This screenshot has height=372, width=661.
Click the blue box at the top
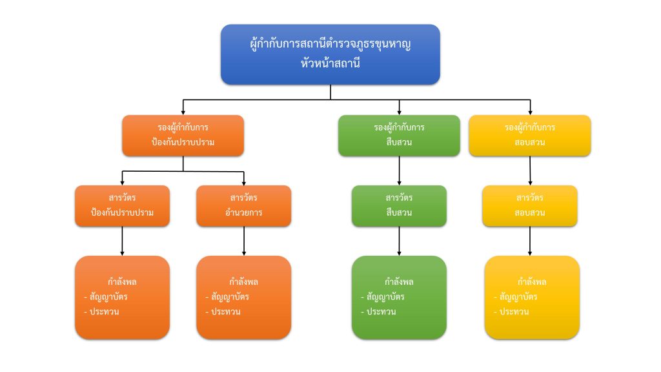pos(330,54)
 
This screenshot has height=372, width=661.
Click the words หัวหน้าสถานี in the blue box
pos(330,64)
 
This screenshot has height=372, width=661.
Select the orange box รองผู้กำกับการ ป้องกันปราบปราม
pos(183,136)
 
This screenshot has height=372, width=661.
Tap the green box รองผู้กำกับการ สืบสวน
pos(399,136)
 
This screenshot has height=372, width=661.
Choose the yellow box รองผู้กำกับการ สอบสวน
pos(530,136)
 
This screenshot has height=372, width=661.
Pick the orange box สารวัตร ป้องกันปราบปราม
pos(122,205)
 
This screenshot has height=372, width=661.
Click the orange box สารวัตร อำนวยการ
pos(243,205)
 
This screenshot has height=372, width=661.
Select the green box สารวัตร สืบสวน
pos(399,205)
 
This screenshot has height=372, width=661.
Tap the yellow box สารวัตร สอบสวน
pos(530,205)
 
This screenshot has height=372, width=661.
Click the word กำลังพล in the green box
pos(399,282)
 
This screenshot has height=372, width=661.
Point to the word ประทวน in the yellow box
pos(514,311)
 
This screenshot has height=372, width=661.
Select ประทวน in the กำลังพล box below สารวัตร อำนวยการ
pos(226,311)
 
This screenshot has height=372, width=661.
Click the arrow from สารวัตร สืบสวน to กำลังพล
pos(399,241)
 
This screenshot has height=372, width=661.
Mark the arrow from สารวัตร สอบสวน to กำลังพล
pos(530,241)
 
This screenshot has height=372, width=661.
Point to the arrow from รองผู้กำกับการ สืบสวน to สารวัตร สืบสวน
pos(399,170)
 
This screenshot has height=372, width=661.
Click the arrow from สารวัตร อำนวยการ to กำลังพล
pos(243,241)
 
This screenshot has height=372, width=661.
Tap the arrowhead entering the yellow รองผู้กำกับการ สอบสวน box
pos(530,111)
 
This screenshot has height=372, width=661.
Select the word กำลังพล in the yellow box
pos(532,282)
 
